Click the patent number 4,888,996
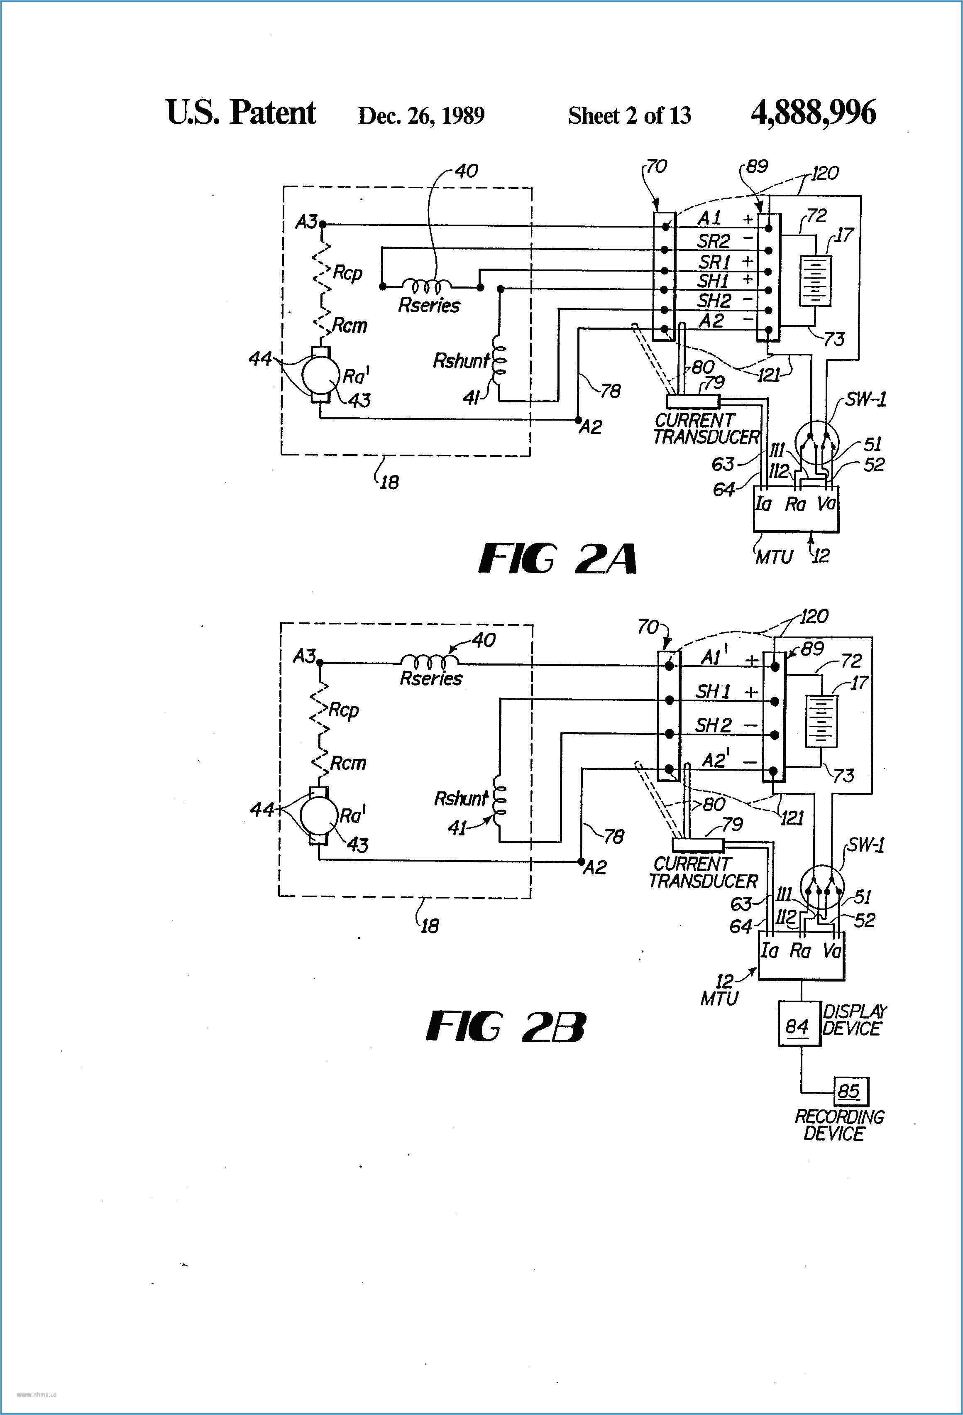[813, 113]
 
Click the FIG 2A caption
[557, 559]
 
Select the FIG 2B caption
[505, 1026]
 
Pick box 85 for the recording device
[850, 1091]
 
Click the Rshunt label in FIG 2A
[461, 361]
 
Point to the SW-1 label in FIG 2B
[865, 845]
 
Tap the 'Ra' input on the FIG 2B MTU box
[800, 950]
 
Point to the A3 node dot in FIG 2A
[323, 224]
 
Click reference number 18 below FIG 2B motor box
[430, 926]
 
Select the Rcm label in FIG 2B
[347, 763]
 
